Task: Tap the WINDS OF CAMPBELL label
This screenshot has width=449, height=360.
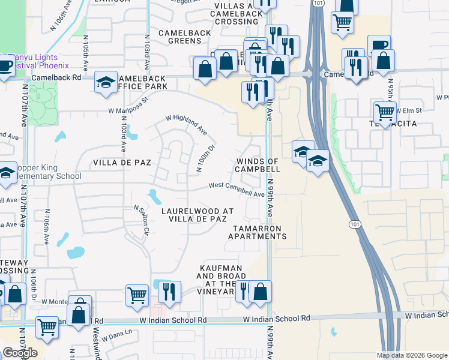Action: (258, 165)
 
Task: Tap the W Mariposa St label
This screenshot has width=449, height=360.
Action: (128, 106)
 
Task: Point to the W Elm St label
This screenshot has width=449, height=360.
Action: (410, 110)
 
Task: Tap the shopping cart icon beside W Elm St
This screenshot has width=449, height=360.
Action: (384, 112)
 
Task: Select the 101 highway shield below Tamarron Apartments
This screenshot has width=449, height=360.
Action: (354, 223)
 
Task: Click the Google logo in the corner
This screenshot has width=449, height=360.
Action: (20, 353)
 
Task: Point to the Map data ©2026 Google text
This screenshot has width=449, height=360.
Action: (412, 355)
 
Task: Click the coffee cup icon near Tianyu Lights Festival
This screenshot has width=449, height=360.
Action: (4, 65)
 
